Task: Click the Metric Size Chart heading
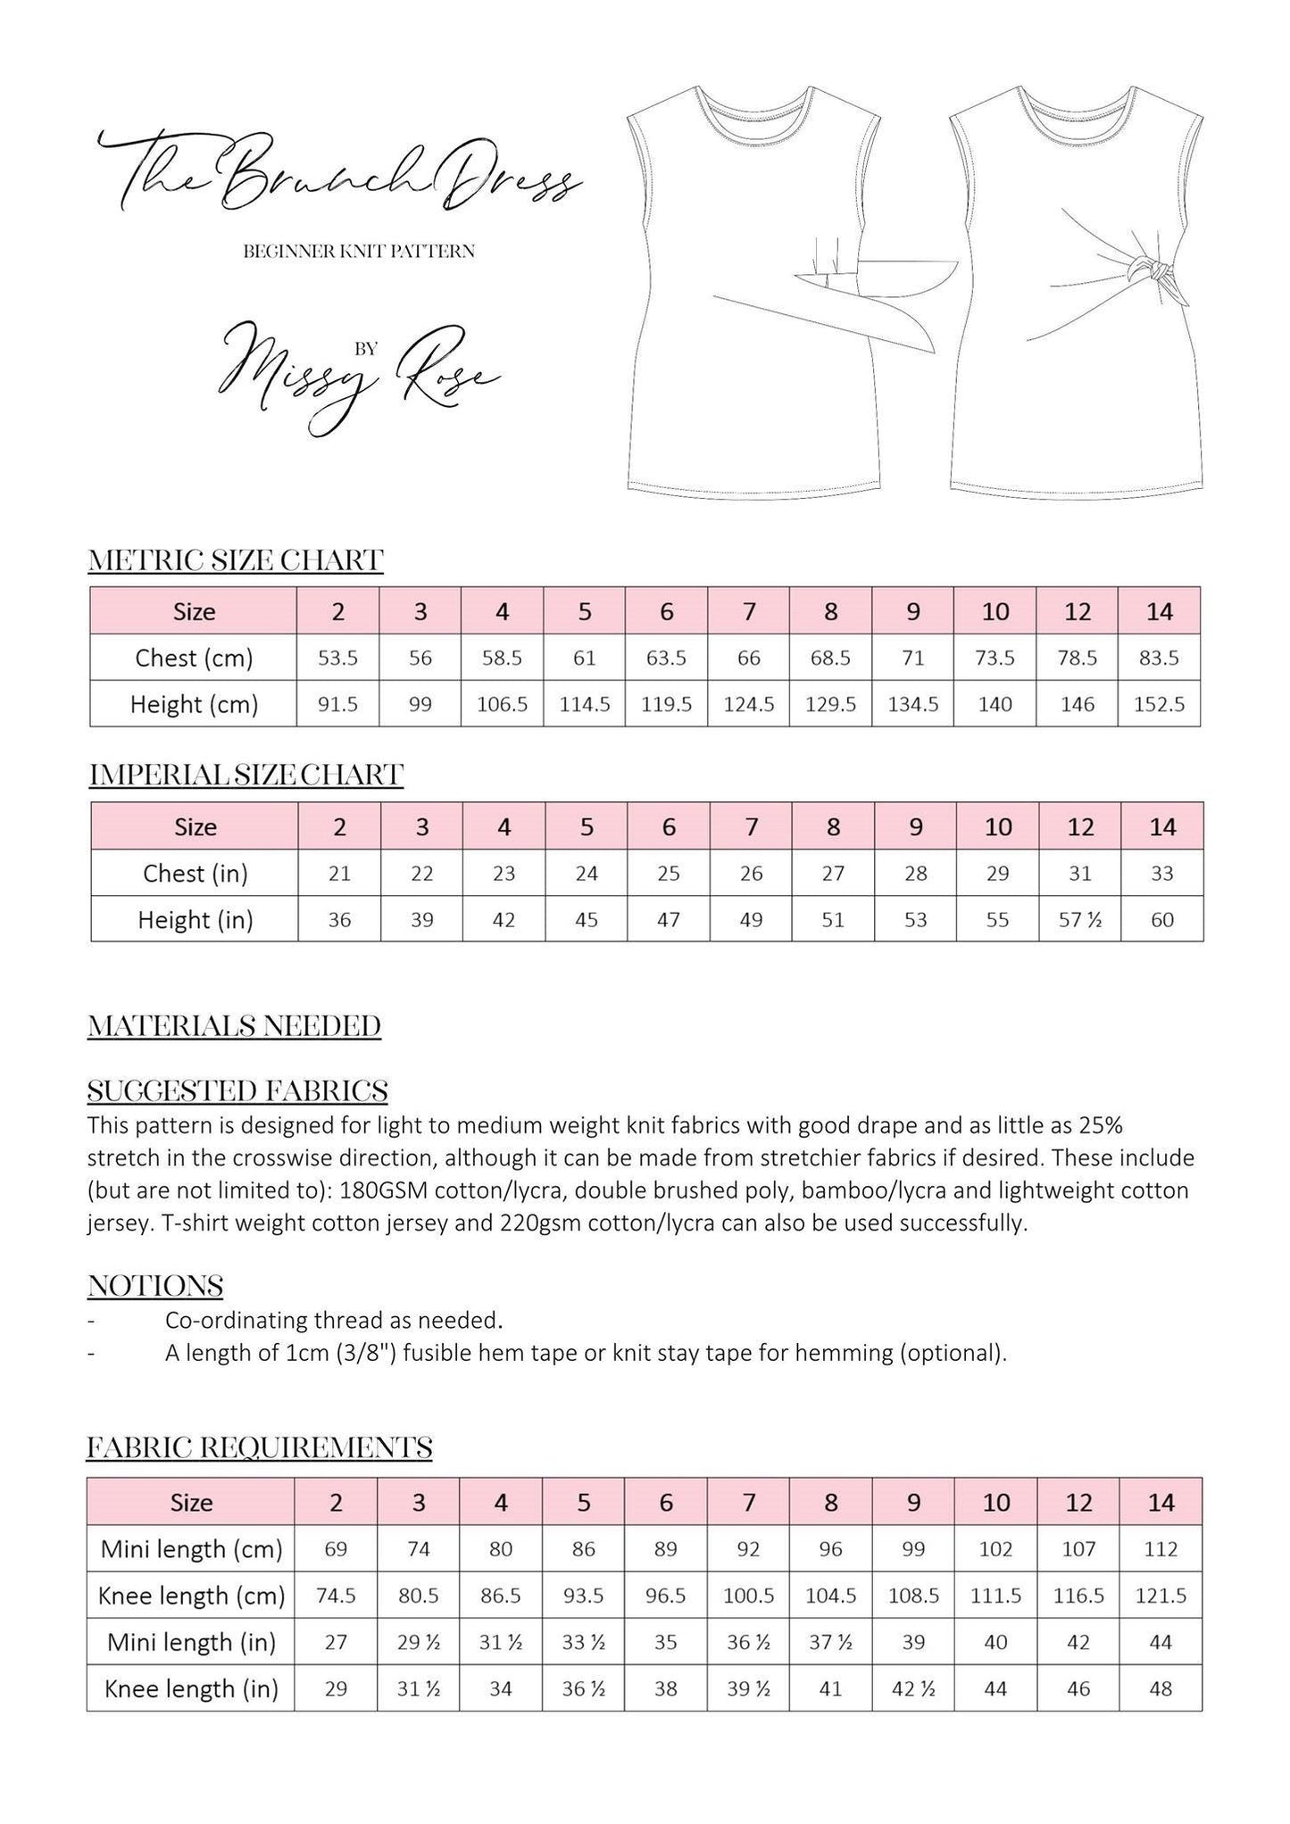point(236,560)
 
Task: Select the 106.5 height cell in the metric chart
point(503,704)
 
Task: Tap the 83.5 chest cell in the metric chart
point(1159,658)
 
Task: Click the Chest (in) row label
point(195,873)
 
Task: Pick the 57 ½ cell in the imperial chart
point(1080,919)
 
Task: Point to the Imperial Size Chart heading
point(246,775)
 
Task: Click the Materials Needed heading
point(234,1026)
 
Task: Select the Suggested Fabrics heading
point(237,1090)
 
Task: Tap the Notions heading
point(155,1286)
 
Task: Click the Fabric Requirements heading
point(259,1447)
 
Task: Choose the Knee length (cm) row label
point(191,1595)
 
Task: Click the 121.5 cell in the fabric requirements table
point(1161,1595)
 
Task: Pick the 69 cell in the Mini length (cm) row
point(336,1548)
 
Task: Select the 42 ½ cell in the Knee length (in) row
point(913,1687)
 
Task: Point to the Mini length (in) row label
point(191,1641)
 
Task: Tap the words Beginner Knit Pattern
point(359,252)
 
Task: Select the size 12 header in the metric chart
point(1078,611)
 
